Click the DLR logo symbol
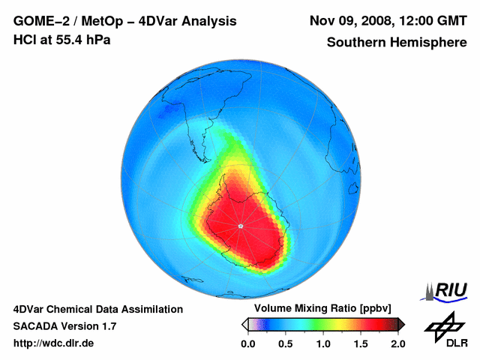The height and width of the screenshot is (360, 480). pyautogui.click(x=445, y=324)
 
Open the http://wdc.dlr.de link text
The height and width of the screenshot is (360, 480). pyautogui.click(x=54, y=343)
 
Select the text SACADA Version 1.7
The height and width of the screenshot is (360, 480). pyautogui.click(x=64, y=326)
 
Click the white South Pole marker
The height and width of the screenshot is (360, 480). pyautogui.click(x=240, y=226)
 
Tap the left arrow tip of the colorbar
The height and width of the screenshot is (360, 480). pyautogui.click(x=244, y=324)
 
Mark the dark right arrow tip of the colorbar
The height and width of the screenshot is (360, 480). pyautogui.click(x=401, y=324)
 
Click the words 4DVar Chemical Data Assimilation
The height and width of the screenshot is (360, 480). pyautogui.click(x=97, y=309)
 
